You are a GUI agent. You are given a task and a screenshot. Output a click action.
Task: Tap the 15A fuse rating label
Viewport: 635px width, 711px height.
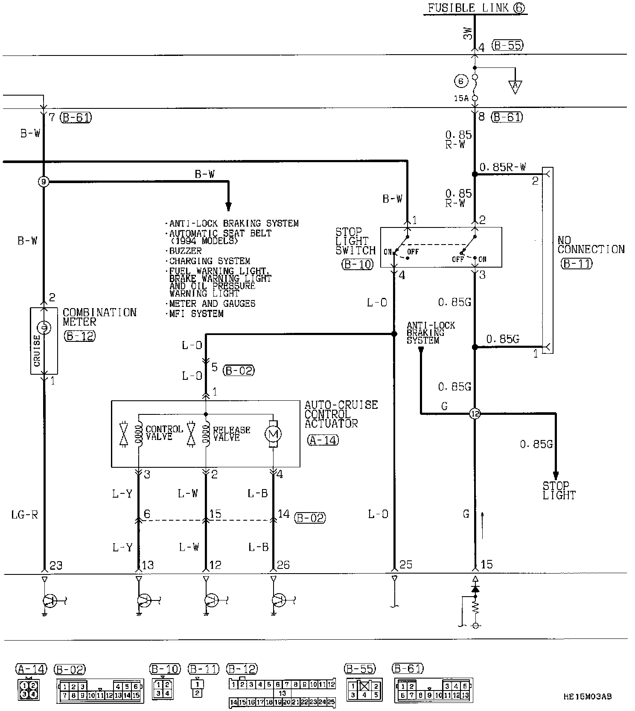(x=460, y=98)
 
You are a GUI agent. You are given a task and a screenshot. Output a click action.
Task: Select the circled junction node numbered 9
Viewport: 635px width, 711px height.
(x=43, y=182)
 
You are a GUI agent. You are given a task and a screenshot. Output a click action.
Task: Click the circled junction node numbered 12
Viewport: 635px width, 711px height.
(x=475, y=413)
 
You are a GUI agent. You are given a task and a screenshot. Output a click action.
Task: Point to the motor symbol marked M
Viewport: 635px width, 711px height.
(x=273, y=434)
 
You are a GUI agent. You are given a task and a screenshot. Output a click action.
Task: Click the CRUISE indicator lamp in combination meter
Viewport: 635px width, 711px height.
(x=44, y=328)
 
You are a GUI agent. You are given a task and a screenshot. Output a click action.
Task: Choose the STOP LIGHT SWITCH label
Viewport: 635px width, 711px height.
(x=355, y=241)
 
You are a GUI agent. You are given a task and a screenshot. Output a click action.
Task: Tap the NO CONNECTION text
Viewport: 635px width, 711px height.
(x=591, y=245)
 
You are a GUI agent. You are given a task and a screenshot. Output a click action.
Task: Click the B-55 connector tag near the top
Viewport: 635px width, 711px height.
(x=507, y=46)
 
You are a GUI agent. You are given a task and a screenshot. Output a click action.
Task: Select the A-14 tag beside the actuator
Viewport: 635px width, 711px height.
(x=323, y=440)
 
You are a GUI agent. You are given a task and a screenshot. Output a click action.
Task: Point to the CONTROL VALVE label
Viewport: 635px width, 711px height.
(x=164, y=433)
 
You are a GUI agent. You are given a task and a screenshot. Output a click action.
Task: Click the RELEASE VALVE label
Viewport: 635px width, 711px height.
(x=231, y=433)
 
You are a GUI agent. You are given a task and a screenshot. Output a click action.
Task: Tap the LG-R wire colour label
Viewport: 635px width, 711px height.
(x=24, y=515)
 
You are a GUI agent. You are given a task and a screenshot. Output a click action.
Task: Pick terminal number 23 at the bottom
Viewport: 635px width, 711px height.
(x=56, y=565)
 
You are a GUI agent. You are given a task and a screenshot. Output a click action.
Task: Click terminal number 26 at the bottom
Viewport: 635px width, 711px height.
(x=283, y=565)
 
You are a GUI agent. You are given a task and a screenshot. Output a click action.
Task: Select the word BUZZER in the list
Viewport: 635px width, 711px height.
(x=186, y=251)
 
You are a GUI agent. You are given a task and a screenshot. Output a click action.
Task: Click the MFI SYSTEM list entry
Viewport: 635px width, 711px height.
(x=196, y=314)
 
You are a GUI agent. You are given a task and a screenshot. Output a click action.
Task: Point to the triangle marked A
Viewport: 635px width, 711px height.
(x=515, y=87)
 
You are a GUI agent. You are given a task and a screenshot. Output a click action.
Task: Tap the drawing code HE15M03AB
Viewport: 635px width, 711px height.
(x=587, y=697)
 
